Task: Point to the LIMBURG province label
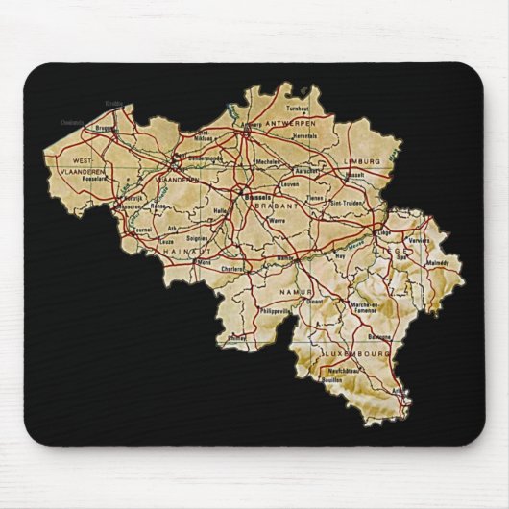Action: coord(364,160)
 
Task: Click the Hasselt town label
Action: coord(354,175)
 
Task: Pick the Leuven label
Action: coord(289,182)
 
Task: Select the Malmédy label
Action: coord(438,259)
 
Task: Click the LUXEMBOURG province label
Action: coord(359,353)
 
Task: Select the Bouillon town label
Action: coord(332,382)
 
